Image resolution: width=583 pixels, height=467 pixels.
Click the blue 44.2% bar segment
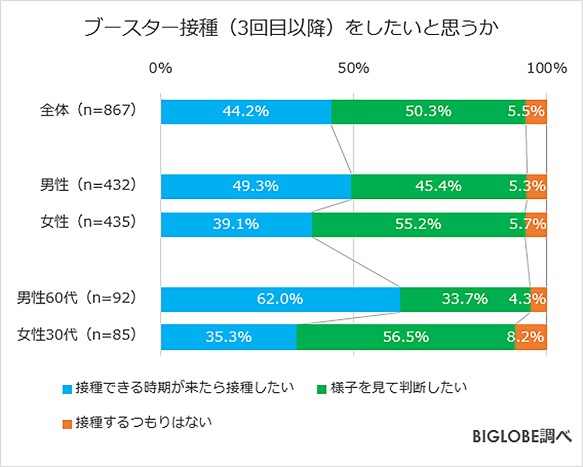pyautogui.click(x=245, y=111)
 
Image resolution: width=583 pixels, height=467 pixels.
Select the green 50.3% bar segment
pyautogui.click(x=429, y=111)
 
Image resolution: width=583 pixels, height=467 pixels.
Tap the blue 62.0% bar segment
pyautogui.click(x=280, y=300)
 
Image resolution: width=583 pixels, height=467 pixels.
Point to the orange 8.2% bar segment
pyautogui.click(x=531, y=337)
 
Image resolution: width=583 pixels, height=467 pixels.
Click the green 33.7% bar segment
pyautogui.click(x=465, y=300)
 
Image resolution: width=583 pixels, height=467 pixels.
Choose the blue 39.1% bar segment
pyautogui.click(x=236, y=224)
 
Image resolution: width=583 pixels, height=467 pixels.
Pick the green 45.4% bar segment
pyautogui.click(x=438, y=187)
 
